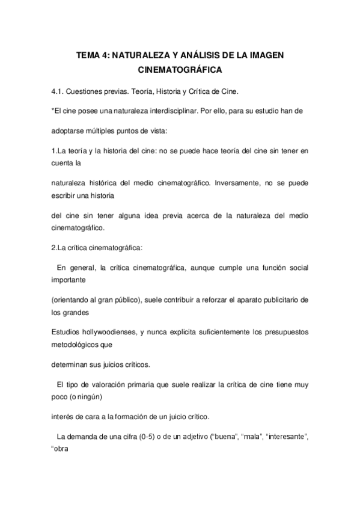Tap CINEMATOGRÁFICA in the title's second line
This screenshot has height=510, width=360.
(x=180, y=70)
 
